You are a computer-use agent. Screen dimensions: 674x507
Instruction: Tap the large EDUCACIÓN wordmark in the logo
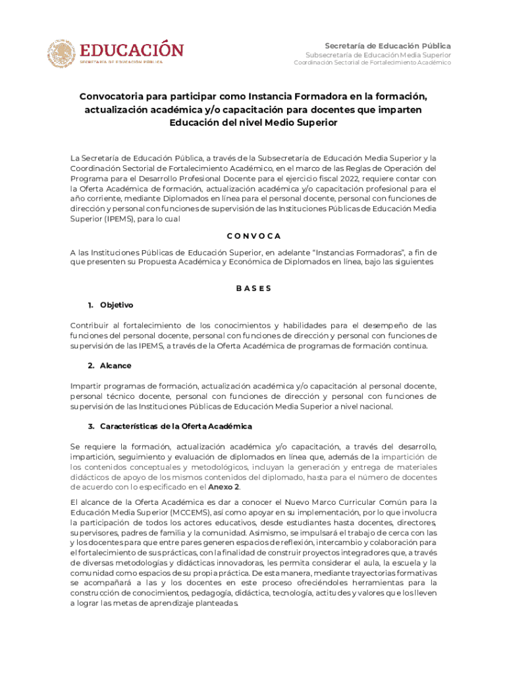[132, 49]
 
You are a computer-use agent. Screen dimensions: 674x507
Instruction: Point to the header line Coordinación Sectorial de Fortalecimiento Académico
[372, 63]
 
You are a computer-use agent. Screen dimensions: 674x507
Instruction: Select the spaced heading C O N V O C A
[254, 236]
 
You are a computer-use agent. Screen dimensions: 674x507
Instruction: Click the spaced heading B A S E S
[254, 288]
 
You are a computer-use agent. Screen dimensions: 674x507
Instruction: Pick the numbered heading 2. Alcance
[109, 365]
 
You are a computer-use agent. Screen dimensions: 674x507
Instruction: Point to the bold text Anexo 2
[224, 487]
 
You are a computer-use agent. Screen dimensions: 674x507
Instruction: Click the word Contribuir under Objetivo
[90, 325]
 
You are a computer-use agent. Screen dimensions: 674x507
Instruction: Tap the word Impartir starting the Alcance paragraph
[86, 386]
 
